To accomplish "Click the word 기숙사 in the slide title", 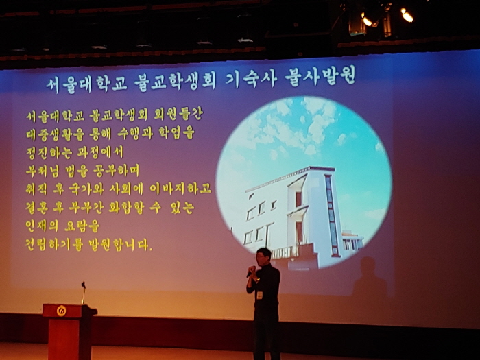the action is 251,80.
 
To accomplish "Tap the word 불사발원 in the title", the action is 320,75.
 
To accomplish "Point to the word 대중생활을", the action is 55,134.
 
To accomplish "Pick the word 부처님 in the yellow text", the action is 43,171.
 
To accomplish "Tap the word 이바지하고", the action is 180,189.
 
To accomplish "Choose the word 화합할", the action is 126,208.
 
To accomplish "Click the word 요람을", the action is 82,226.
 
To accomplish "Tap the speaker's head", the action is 263,256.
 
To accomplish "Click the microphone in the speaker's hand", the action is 250,272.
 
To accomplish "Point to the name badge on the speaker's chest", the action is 260,295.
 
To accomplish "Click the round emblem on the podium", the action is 61,311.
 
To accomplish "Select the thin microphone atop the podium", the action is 83,293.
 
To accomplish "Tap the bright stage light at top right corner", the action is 407,15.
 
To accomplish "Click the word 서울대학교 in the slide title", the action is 87,84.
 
